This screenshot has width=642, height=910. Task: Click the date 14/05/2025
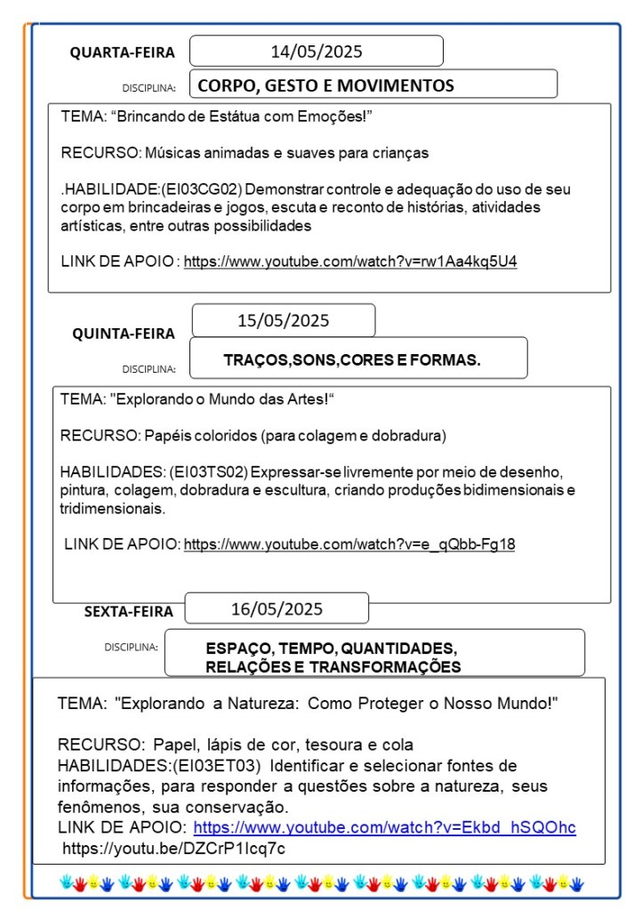[317, 52]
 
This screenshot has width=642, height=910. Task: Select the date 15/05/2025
[283, 320]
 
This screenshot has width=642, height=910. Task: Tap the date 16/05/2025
[277, 609]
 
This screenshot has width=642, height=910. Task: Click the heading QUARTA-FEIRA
[123, 53]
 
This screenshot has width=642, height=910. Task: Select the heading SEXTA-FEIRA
[129, 612]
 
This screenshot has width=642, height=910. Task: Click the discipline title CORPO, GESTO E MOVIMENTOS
[325, 86]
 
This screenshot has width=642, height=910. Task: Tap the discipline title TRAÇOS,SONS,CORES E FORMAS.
[352, 360]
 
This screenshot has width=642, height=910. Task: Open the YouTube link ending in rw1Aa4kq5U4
[350, 262]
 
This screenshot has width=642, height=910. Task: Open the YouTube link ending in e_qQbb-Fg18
[349, 544]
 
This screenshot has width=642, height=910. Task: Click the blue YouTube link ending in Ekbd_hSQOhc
[384, 828]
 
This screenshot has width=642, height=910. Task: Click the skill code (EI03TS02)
[210, 471]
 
